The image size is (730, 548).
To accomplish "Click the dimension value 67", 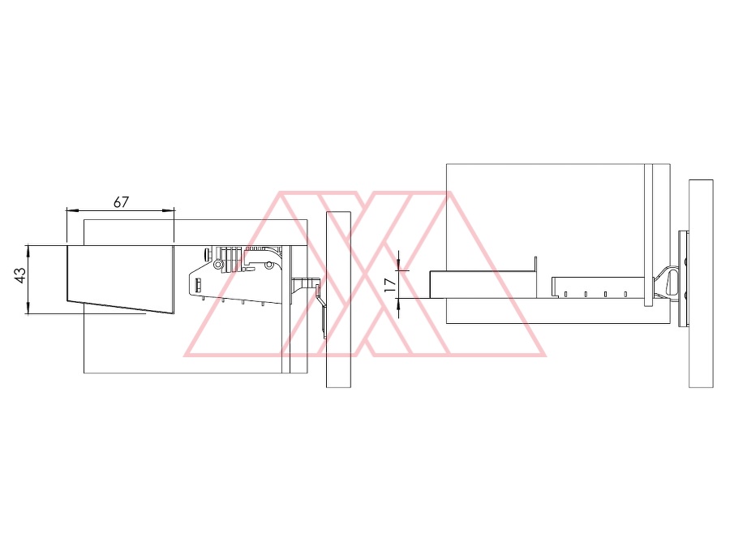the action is [x=121, y=202].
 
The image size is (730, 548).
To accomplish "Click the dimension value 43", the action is [x=20, y=274].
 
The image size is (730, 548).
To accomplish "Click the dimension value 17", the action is [x=390, y=285].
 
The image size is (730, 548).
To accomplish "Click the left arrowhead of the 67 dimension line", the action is [x=71, y=210].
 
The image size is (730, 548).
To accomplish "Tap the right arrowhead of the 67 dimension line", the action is [x=170, y=210].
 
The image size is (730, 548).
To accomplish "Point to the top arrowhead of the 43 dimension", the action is [x=28, y=250].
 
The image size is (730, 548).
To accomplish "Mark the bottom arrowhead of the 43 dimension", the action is [x=28, y=309].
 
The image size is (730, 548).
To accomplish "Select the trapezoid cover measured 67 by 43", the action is [x=121, y=279].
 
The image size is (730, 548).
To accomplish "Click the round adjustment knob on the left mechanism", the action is [x=206, y=254].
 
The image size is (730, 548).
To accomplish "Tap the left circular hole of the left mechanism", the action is [x=217, y=265].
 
